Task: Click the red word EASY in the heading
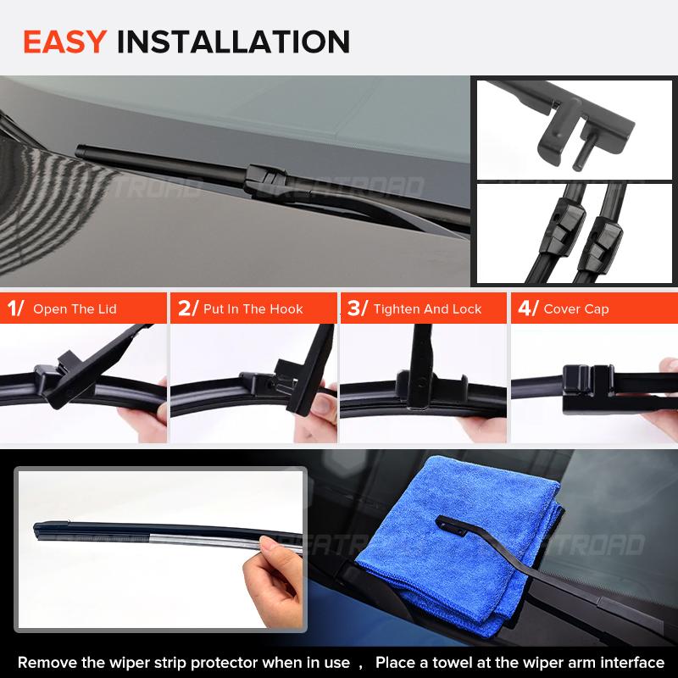pyautogui.click(x=65, y=41)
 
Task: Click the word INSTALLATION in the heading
pyautogui.click(x=232, y=41)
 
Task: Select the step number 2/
pyautogui.click(x=187, y=308)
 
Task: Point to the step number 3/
pyautogui.click(x=358, y=308)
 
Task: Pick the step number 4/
pyautogui.click(x=527, y=308)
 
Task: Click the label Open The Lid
pyautogui.click(x=75, y=309)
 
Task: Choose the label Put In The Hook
pyautogui.click(x=253, y=309)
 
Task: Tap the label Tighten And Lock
pyautogui.click(x=427, y=309)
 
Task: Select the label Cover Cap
pyautogui.click(x=575, y=309)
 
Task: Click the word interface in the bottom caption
pyautogui.click(x=631, y=662)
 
